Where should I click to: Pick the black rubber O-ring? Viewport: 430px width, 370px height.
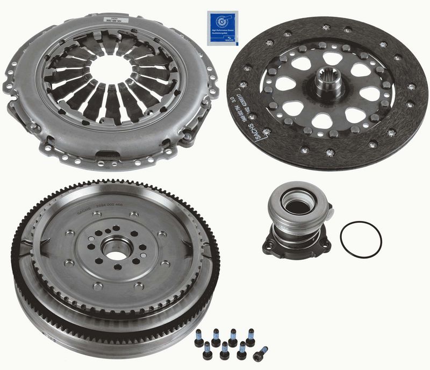pyautogui.click(x=361, y=239)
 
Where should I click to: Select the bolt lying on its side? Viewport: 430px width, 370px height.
pyautogui.click(x=261, y=352)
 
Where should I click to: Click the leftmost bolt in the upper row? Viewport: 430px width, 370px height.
pyautogui.click(x=199, y=338)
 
